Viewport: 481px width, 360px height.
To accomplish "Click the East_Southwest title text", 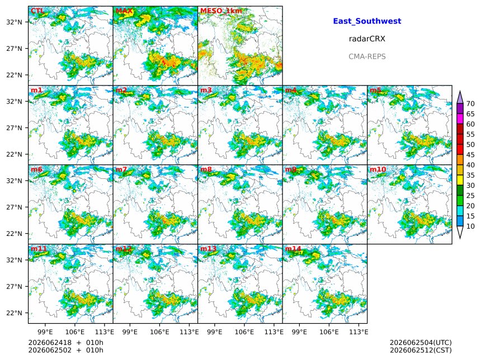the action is (x=367, y=21).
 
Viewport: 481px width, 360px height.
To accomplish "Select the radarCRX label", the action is (x=367, y=39).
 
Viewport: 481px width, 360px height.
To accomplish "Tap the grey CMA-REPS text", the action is (x=367, y=56).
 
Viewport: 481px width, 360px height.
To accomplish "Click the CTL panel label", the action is (x=37, y=11).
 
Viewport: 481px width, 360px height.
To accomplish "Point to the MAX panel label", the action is (x=124, y=11).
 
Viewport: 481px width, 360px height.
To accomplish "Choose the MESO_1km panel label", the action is (x=221, y=11).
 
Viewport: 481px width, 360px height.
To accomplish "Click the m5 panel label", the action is (x=375, y=90).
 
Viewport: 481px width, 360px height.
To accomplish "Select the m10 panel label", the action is (x=378, y=169).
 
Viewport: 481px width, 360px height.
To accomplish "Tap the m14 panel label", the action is (x=293, y=248).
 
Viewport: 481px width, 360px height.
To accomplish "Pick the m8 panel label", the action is (x=206, y=169).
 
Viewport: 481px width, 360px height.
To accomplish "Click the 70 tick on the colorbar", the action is (x=470, y=104).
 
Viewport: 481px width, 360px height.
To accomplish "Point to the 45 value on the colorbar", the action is (x=470, y=155).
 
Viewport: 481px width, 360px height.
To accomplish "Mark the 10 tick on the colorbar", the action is (x=470, y=226).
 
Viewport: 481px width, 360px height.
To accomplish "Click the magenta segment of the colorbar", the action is (x=460, y=119).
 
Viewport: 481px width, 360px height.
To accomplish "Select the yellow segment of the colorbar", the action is (x=460, y=180).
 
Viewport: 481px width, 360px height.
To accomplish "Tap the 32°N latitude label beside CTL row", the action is (x=15, y=22).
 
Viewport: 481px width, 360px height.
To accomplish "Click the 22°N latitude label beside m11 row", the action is (x=15, y=313).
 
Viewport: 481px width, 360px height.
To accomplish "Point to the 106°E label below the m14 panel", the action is (x=329, y=332).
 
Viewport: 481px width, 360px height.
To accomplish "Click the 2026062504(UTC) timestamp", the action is (x=421, y=343).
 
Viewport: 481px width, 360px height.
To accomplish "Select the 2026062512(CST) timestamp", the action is (x=421, y=350).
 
